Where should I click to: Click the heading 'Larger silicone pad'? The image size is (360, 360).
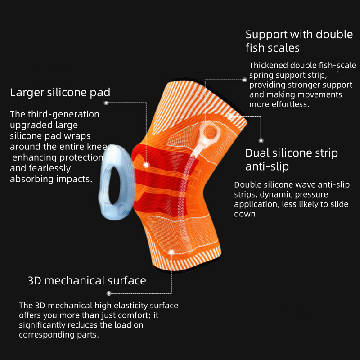60,93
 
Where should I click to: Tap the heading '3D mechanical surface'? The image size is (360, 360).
87,281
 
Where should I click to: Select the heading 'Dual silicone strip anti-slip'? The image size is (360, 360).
291,159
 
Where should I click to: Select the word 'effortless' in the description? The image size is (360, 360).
288,104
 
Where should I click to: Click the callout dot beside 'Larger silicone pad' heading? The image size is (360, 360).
106,103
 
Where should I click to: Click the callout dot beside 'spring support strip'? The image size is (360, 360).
245,80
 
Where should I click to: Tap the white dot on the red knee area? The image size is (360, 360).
146,165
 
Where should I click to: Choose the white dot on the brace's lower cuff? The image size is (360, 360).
171,252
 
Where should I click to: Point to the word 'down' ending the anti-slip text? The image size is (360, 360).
244,214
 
